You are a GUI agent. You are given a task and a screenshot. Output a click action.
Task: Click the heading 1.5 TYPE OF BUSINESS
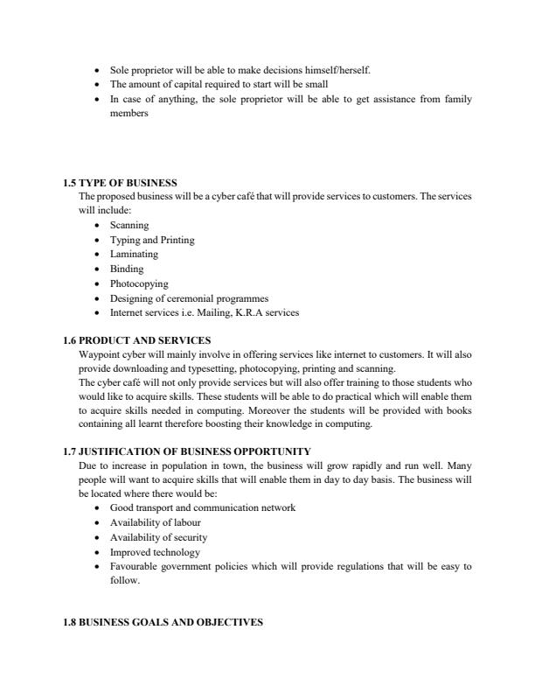(120, 183)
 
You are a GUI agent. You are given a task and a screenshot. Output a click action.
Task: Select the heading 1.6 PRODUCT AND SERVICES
(136, 339)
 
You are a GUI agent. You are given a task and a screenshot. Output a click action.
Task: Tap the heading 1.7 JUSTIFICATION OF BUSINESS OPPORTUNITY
(186, 451)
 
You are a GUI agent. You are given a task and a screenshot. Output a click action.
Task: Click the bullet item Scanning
(129, 226)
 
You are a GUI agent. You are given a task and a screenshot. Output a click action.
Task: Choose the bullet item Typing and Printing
(151, 240)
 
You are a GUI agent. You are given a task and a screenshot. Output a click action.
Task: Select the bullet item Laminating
(134, 254)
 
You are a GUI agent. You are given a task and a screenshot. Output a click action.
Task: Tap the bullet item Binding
(126, 269)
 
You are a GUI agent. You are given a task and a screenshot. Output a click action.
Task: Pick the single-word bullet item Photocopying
(139, 283)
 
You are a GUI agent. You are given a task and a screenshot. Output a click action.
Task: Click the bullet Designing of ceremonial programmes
(189, 297)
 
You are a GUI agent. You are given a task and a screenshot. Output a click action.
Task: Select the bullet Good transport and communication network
(202, 507)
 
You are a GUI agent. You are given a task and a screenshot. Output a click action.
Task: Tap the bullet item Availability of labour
(158, 522)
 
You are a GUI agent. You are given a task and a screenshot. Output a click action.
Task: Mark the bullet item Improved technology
(155, 552)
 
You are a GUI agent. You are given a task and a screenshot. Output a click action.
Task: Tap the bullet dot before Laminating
(96, 255)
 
